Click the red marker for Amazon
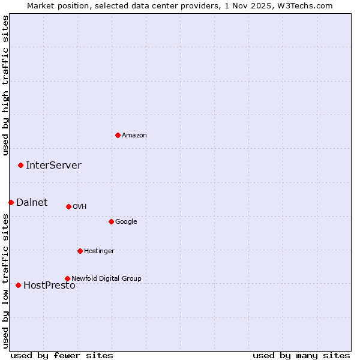pyautogui.click(x=118, y=135)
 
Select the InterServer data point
pyautogui.click(x=20, y=165)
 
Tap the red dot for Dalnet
pyautogui.click(x=11, y=202)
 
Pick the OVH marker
pyautogui.click(x=68, y=206)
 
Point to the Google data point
pyautogui.click(x=111, y=221)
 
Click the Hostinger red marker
pyautogui.click(x=80, y=251)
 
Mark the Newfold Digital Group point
pyautogui.click(x=67, y=278)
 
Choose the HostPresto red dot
pyautogui.click(x=18, y=285)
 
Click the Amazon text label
pyautogui.click(x=134, y=136)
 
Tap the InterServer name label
pyautogui.click(x=53, y=166)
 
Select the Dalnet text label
pyautogui.click(x=32, y=203)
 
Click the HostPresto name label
pyautogui.click(x=49, y=286)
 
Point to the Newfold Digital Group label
pyautogui.click(x=106, y=278)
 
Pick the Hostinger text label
pyautogui.click(x=99, y=251)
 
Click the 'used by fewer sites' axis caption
pyautogui.click(x=62, y=355)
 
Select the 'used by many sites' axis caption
pyautogui.click(x=301, y=355)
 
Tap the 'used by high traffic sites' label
pyautogui.click(x=5, y=85)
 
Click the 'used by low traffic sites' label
pyautogui.click(x=5, y=280)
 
